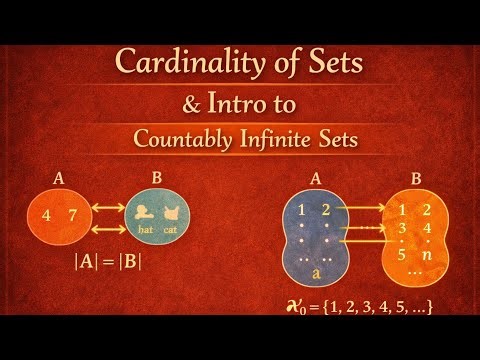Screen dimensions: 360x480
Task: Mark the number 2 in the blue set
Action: (x=324, y=209)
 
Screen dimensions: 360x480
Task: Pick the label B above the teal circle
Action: (x=157, y=181)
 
